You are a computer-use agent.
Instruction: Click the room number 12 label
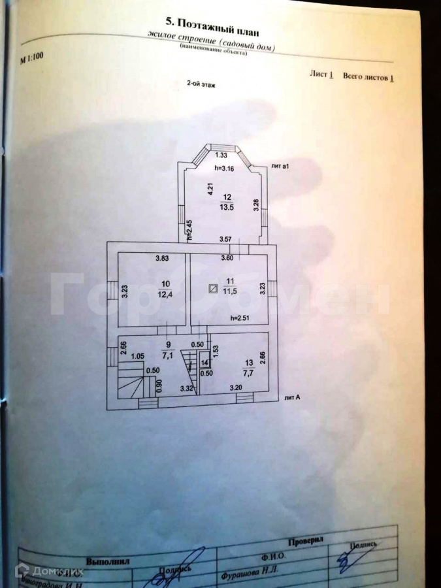point(227,197)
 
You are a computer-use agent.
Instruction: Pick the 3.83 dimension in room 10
point(162,259)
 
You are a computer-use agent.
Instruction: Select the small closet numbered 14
point(204,363)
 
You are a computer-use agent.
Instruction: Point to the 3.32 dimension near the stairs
point(187,389)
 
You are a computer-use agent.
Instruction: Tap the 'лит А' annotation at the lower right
point(292,397)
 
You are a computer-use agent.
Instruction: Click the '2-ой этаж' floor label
point(201,84)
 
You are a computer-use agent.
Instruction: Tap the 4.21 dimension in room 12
point(210,189)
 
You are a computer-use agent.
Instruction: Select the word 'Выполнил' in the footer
point(108,561)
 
